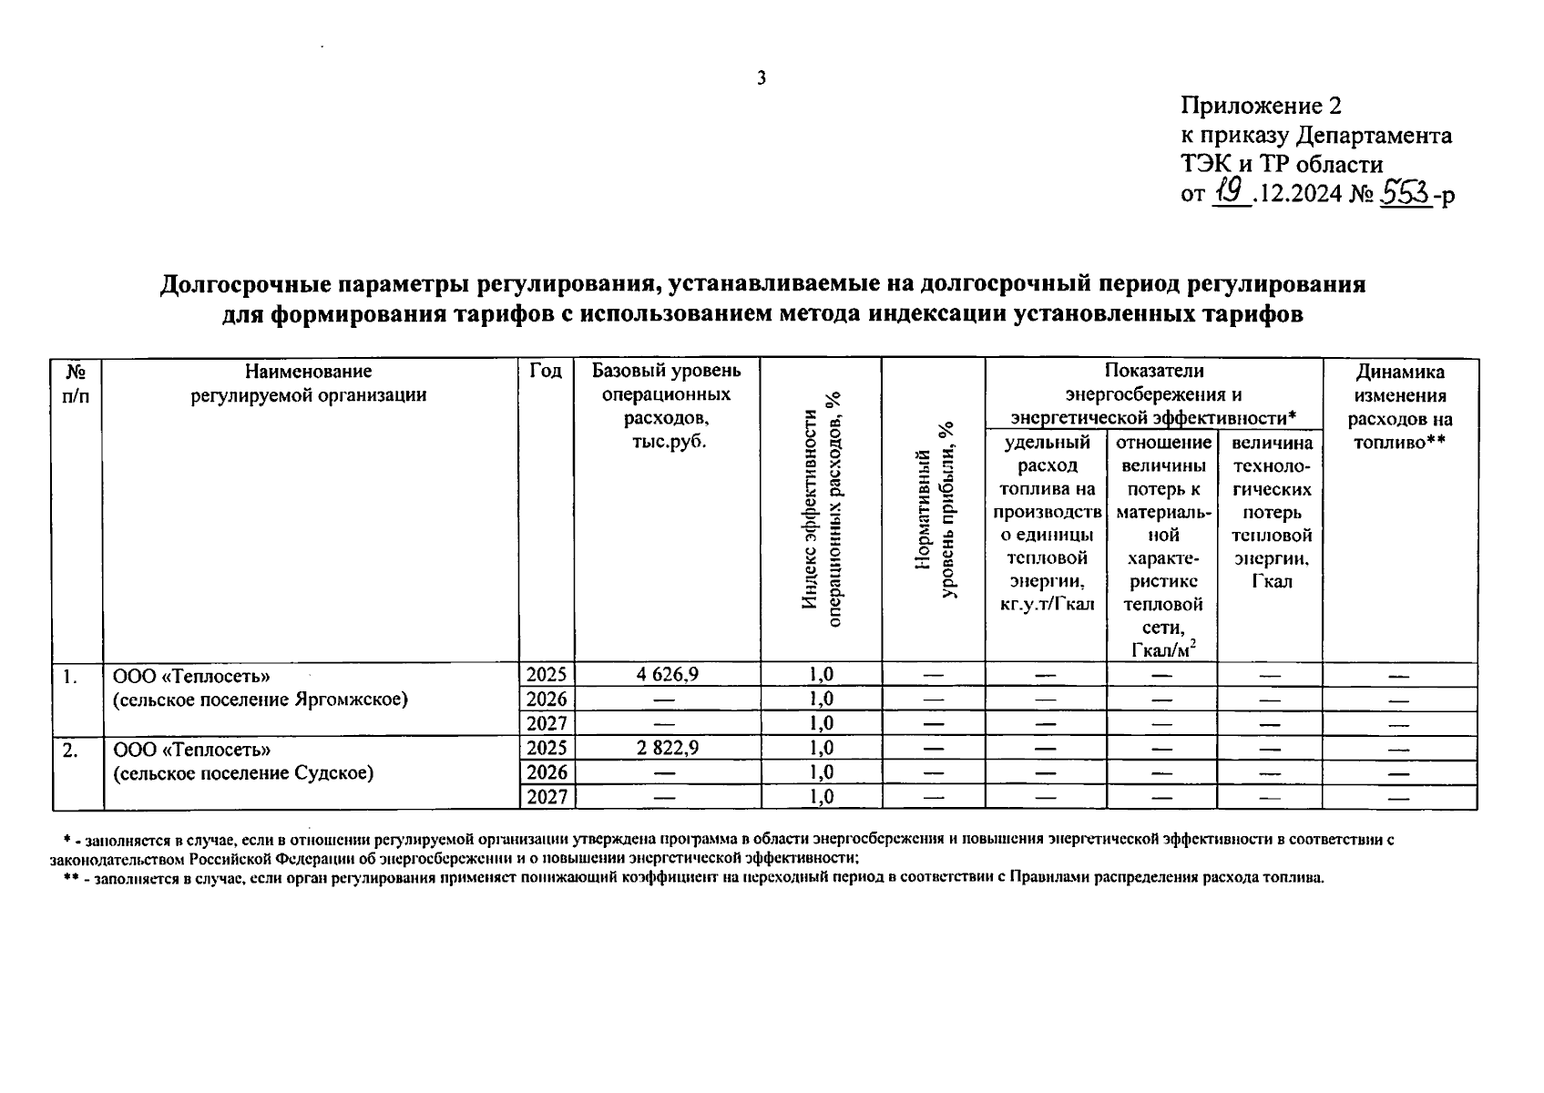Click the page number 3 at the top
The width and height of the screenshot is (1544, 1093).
pyautogui.click(x=762, y=78)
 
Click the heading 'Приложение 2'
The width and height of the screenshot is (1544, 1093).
pyautogui.click(x=1261, y=106)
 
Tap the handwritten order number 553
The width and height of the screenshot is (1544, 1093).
pyautogui.click(x=1403, y=192)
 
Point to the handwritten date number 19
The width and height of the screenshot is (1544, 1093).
pyautogui.click(x=1231, y=192)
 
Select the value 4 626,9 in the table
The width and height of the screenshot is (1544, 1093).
pyautogui.click(x=667, y=674)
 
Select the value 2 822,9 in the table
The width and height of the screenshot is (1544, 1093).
pyautogui.click(x=667, y=748)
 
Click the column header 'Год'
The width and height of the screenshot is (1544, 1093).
pyautogui.click(x=546, y=372)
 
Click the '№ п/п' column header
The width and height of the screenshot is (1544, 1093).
pyautogui.click(x=77, y=383)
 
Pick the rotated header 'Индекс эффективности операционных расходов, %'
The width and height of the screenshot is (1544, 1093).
pyautogui.click(x=821, y=510)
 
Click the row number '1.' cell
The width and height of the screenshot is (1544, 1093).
pyautogui.click(x=71, y=676)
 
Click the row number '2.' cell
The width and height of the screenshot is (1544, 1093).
pyautogui.click(x=71, y=750)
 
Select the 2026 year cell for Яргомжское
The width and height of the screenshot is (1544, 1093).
pyautogui.click(x=547, y=699)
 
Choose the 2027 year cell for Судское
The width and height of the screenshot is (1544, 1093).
pyautogui.click(x=547, y=797)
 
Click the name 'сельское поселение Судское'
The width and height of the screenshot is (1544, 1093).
pyautogui.click(x=243, y=773)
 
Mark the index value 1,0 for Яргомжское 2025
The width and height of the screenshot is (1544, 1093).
pyautogui.click(x=821, y=674)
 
